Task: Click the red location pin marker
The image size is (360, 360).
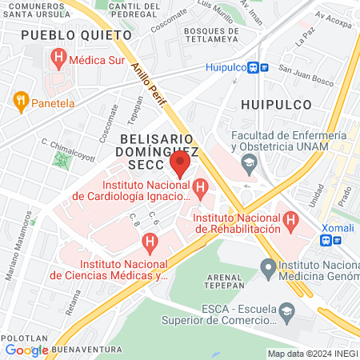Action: point(180,166)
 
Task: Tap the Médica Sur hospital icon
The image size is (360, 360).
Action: point(58,58)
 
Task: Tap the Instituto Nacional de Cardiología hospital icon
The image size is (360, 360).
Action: point(199,190)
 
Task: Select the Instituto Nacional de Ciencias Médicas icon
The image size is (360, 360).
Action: point(148,241)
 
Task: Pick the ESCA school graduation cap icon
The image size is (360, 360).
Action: point(285,310)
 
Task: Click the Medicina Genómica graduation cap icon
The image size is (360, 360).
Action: point(267,265)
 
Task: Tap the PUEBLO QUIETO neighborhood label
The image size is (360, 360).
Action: point(75,35)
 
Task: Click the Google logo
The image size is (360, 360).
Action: point(26,350)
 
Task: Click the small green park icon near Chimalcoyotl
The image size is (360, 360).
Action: point(61,159)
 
